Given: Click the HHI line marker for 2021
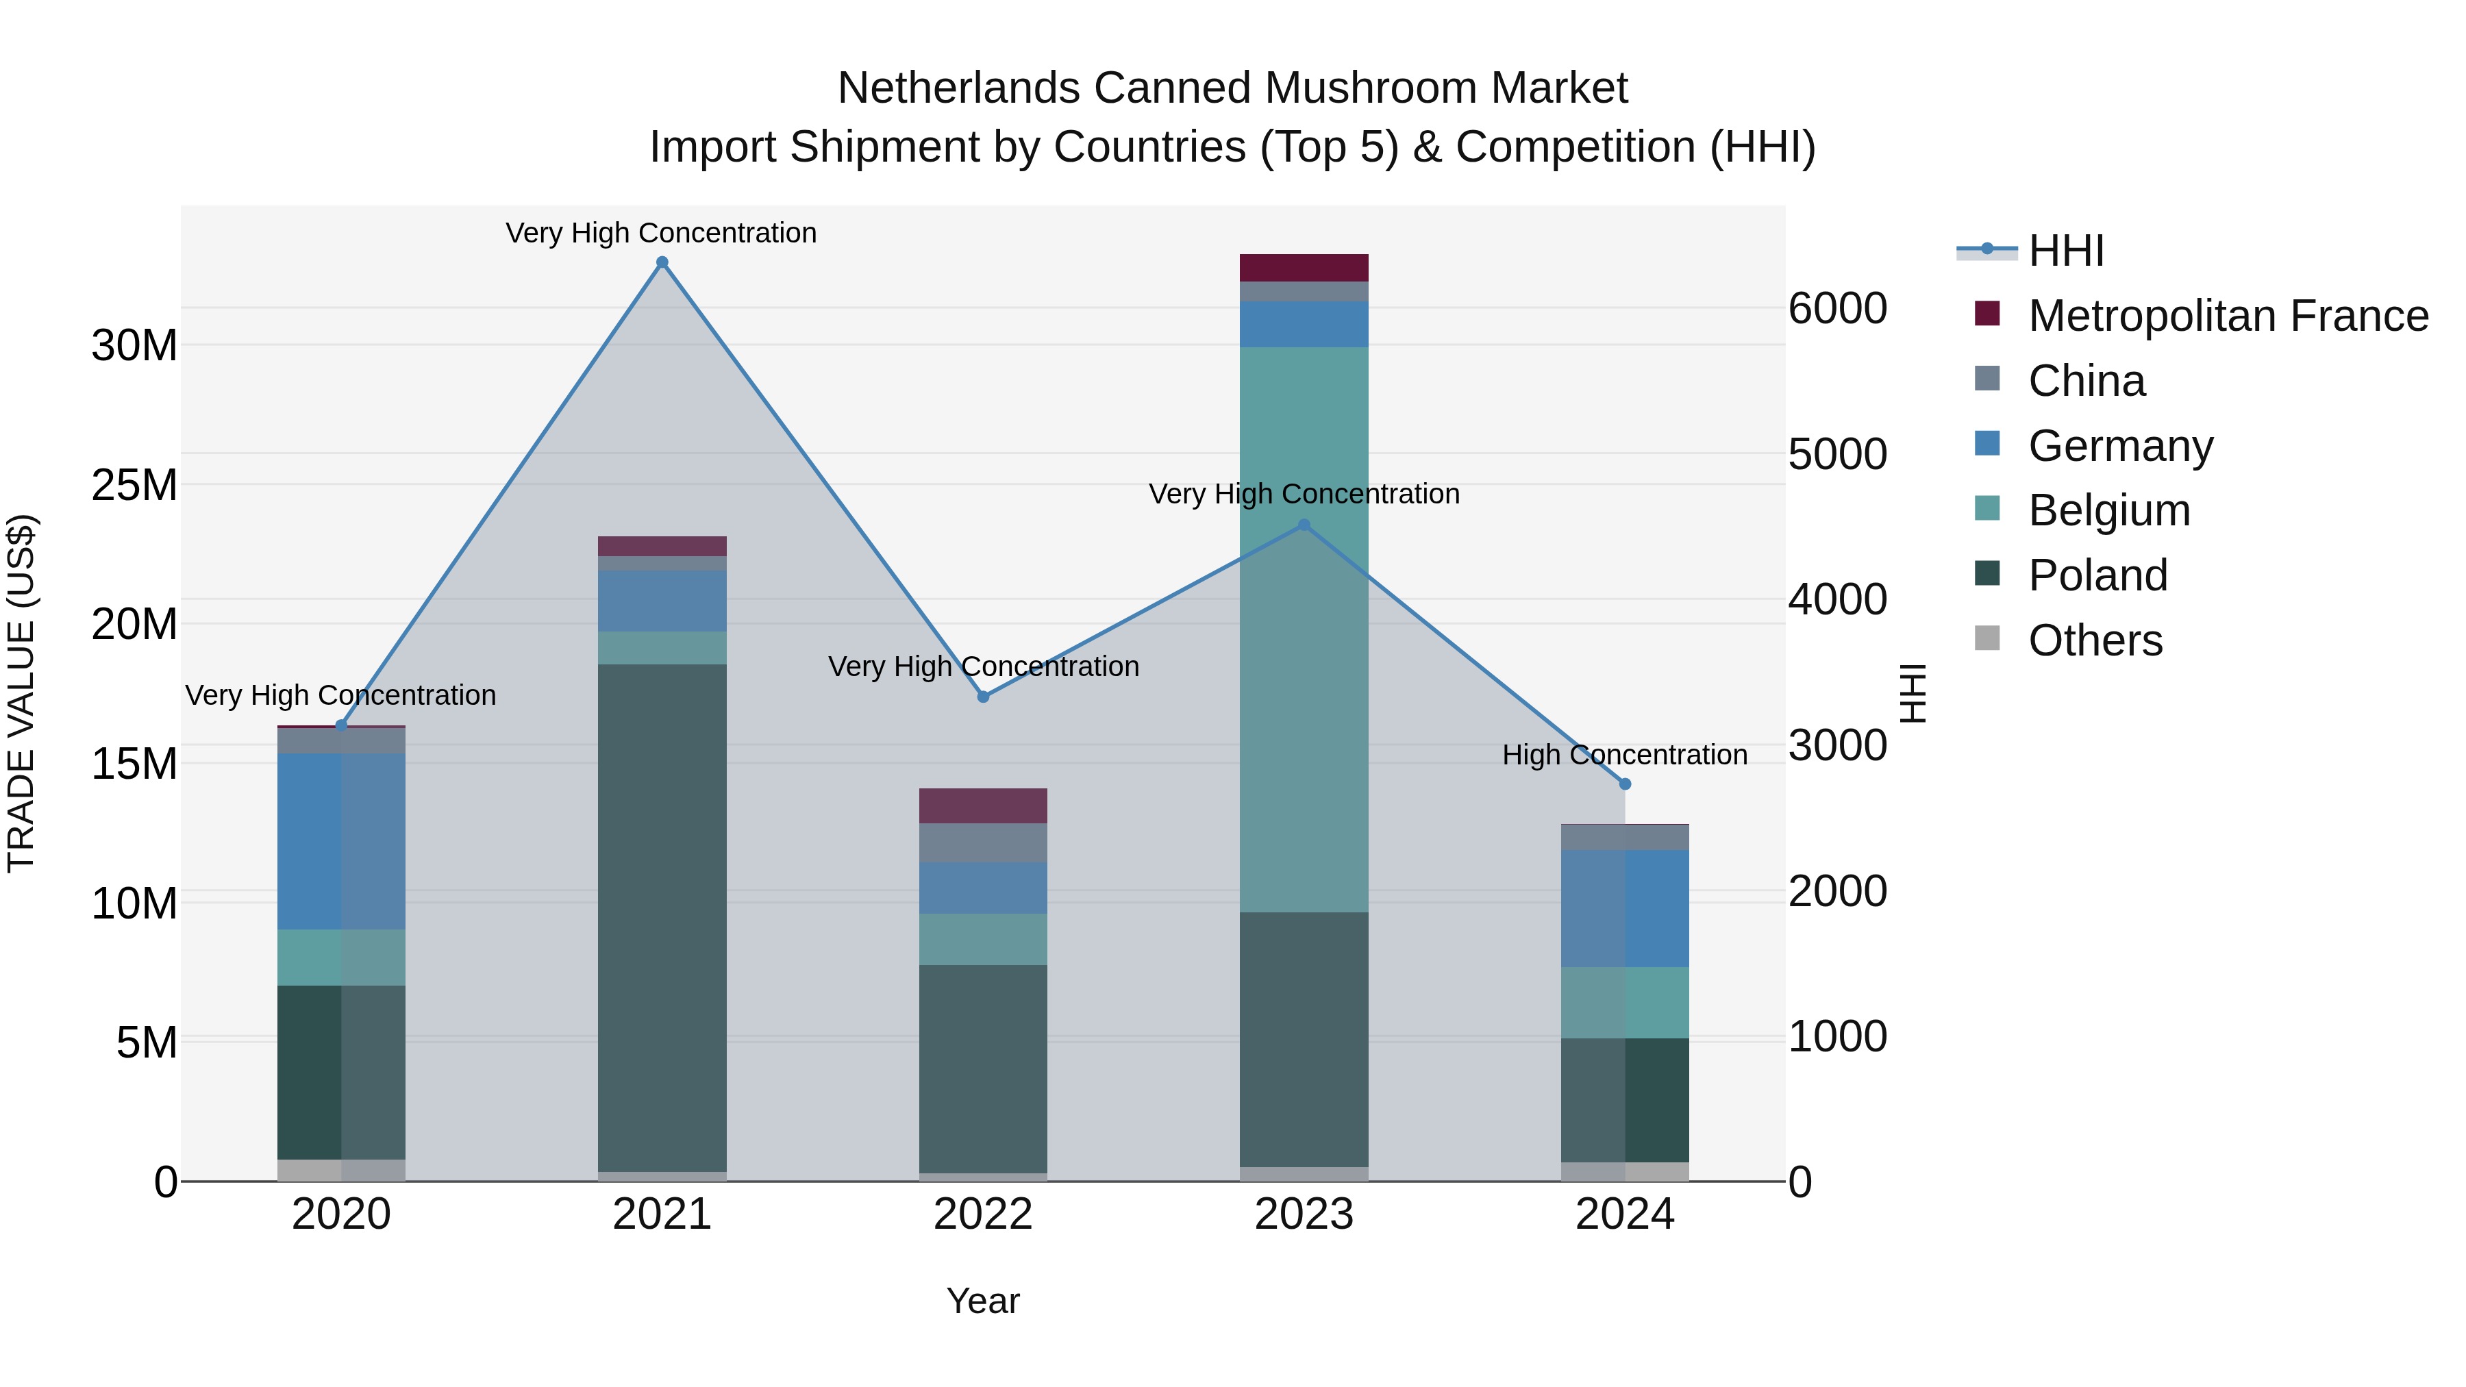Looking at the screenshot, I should point(662,262).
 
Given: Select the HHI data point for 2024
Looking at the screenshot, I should point(1625,784).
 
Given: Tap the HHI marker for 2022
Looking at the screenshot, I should point(983,697).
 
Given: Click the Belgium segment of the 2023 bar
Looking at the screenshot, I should point(1304,629).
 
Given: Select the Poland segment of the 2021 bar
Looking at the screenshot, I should point(662,917).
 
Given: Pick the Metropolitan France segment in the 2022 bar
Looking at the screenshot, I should point(983,806).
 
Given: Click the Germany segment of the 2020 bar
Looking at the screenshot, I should point(341,840).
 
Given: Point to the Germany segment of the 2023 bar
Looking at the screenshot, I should point(1304,325).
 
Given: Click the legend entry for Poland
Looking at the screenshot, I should point(2097,575).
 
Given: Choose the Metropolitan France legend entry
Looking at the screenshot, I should point(2227,316).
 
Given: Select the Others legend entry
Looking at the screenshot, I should point(2095,640).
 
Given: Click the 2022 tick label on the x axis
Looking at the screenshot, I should point(983,1214).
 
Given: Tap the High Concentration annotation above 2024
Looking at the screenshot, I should point(1625,754).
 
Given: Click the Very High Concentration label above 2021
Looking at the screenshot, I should point(662,233).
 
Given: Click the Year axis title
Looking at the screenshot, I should point(983,1301).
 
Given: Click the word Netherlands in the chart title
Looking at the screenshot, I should point(959,88).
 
